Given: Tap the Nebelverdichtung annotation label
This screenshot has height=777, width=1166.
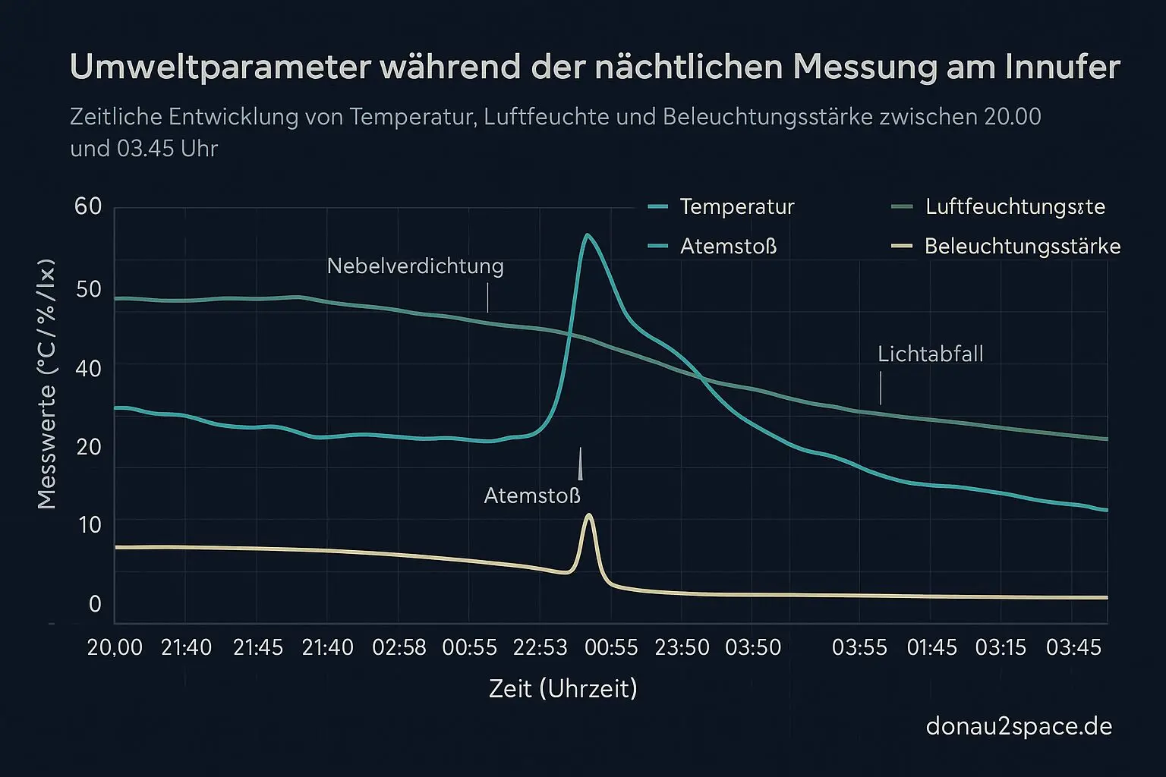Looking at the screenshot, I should click(x=415, y=266).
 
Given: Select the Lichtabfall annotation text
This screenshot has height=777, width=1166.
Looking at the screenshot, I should click(x=930, y=354).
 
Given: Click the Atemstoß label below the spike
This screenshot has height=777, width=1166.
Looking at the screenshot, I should click(x=532, y=496).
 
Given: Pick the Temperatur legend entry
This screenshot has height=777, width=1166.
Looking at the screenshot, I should click(x=736, y=206).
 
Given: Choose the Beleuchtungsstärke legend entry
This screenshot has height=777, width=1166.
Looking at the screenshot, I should click(x=1022, y=247).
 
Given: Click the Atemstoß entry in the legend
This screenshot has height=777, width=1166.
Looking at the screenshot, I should click(x=728, y=247).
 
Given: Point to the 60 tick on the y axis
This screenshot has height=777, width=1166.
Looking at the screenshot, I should click(x=88, y=206).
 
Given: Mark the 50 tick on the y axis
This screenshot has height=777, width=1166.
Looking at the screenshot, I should click(x=88, y=289).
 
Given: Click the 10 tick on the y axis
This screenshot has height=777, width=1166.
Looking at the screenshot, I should click(x=88, y=525).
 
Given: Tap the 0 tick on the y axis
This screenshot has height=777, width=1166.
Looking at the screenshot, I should click(x=95, y=605).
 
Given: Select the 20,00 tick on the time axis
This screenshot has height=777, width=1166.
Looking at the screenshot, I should click(x=115, y=648).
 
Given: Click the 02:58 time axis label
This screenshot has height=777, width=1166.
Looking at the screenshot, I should click(x=399, y=648).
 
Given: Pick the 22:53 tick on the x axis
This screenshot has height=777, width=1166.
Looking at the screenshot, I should click(x=540, y=648).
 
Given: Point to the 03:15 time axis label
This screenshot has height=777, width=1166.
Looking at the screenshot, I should click(x=1001, y=648).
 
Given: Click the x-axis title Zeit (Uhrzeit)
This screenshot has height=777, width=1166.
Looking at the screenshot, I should click(x=563, y=689).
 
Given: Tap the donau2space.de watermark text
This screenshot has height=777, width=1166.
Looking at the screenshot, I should click(x=1019, y=727).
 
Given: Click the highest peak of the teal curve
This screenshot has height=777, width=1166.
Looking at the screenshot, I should click(x=586, y=235).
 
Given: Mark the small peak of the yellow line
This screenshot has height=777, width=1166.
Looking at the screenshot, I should click(x=588, y=515).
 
